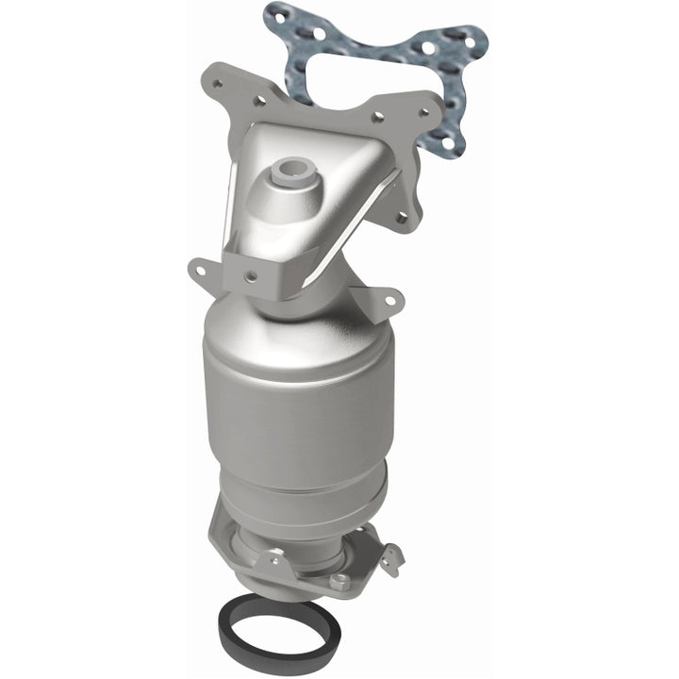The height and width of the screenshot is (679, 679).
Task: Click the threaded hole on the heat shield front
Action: click(x=252, y=276)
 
